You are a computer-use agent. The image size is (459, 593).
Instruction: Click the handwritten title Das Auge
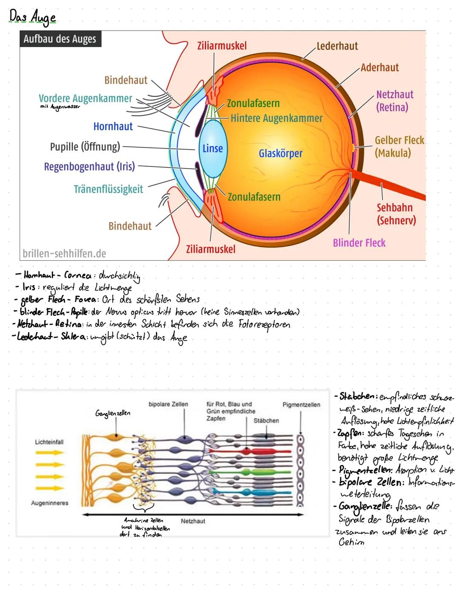[x=33, y=17]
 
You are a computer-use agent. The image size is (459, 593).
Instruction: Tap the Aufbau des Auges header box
[x=60, y=39]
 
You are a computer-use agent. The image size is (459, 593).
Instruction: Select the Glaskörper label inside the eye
[x=280, y=153]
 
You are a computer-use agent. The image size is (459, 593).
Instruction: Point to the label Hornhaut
[x=113, y=126]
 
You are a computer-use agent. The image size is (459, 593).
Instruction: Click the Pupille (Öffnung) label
[x=85, y=147]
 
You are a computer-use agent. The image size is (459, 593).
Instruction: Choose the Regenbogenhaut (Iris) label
[x=89, y=166]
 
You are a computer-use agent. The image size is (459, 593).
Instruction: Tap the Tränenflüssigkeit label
[x=108, y=189]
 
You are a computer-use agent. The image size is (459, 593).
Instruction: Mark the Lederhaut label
[x=337, y=46]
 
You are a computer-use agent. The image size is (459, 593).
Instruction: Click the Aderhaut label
[x=380, y=67]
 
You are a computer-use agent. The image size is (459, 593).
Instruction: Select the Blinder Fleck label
[x=359, y=243]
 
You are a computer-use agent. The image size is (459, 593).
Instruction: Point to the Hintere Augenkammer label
[x=276, y=118]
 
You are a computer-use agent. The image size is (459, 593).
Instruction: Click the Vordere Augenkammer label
[x=85, y=98]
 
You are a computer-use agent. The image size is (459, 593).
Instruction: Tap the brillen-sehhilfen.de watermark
[x=64, y=253]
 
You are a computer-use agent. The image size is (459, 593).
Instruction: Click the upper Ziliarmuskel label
[x=222, y=46]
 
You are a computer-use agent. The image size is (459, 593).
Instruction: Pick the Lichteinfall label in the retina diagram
[x=49, y=442]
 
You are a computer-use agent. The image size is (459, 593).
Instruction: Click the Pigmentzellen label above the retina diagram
[x=301, y=405]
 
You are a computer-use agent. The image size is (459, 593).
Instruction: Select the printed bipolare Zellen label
[x=168, y=404]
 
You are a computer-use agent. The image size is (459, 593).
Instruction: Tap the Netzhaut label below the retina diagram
[x=193, y=521]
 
